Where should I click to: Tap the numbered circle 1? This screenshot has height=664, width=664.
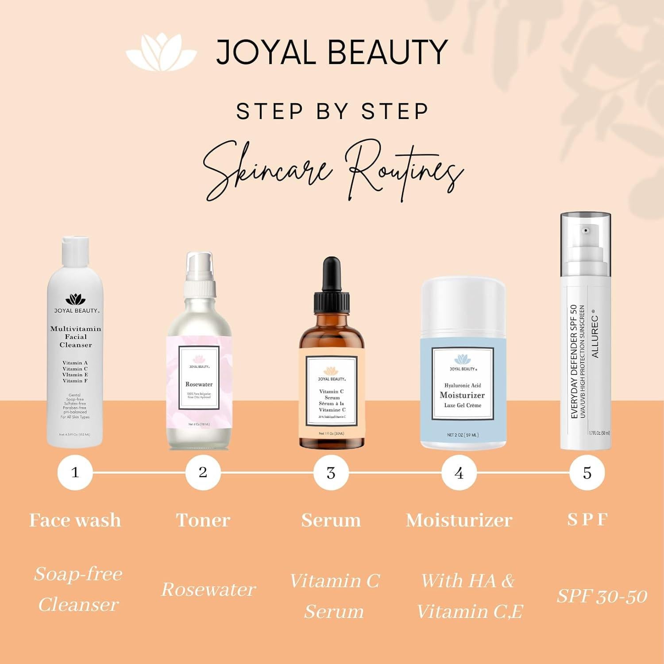click(x=75, y=472)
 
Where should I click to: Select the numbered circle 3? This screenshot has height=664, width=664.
click(x=331, y=473)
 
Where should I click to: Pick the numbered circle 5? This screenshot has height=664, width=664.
click(x=587, y=473)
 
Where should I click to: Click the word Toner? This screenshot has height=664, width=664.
click(x=203, y=520)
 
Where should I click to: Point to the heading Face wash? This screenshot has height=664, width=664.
click(x=75, y=520)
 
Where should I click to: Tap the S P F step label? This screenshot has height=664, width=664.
click(x=587, y=519)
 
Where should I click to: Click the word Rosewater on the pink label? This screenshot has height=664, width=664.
click(x=199, y=384)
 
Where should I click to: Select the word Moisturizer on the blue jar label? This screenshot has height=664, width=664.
click(x=462, y=395)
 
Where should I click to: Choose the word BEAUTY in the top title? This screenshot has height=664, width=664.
click(x=388, y=52)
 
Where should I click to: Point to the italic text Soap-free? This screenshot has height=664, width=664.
click(x=78, y=574)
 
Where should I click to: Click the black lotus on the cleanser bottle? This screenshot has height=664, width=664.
click(x=75, y=299)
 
